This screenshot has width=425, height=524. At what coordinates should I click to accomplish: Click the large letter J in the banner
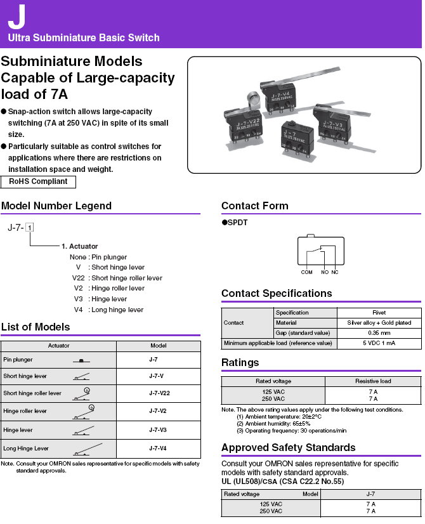pos(16,16)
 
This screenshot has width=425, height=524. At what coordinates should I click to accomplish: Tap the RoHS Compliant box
pos(38,181)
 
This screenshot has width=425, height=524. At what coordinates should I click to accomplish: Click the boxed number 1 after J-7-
pos(30,228)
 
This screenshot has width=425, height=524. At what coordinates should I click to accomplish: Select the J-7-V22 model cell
pos(159,393)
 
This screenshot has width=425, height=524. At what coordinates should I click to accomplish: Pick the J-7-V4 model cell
pos(158,448)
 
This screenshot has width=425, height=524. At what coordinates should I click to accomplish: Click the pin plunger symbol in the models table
pos(81,360)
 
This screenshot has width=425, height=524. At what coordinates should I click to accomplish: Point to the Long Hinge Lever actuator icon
pos(88,450)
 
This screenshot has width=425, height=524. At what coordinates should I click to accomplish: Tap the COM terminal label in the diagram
pos(306,272)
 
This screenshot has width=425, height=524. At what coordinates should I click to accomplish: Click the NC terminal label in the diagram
pos(335,272)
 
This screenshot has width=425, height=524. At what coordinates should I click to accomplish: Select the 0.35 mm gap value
pos(379,333)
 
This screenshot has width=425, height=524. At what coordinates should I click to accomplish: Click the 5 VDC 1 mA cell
pos(379,343)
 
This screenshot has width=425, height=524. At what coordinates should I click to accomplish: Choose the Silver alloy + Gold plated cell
pos(379,323)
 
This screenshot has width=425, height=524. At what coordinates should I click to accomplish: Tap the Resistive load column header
pos(373,381)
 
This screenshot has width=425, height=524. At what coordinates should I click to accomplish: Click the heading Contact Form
pos(254,206)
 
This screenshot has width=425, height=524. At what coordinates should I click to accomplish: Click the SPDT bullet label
pos(235,223)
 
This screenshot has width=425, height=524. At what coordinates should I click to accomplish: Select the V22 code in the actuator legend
pos(78,278)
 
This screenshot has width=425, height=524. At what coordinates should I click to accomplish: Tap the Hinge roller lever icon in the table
pos(84,412)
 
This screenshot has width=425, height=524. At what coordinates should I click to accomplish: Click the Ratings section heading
pos(240,363)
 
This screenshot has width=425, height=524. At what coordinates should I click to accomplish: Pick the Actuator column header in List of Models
pos(58,346)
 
